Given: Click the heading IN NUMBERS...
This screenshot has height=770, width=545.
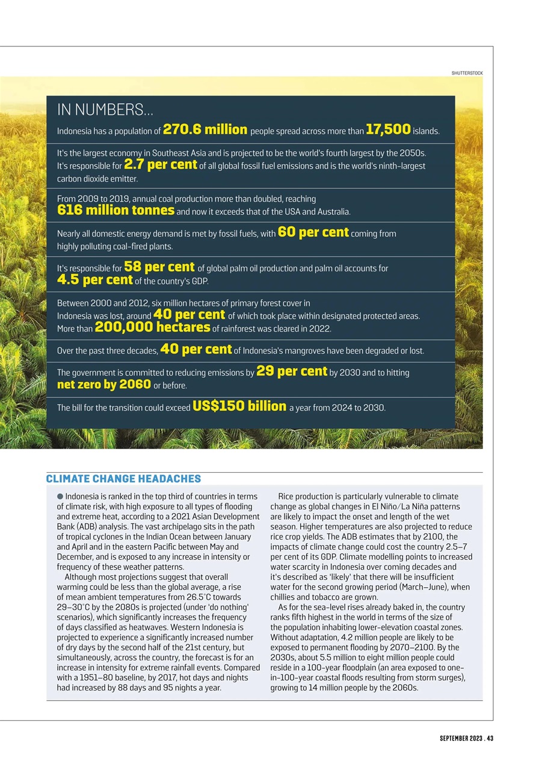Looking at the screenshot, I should coord(105,110).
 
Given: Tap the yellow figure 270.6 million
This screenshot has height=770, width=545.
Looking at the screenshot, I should coord(205,129).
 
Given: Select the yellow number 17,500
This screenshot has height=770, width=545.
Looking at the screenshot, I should coord(388,129).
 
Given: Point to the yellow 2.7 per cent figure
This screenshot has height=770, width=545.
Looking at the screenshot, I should coord(161,164).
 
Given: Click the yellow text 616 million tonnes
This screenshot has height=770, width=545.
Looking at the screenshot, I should coord(115,210).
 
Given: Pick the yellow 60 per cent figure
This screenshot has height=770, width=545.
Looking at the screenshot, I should coord(313,232).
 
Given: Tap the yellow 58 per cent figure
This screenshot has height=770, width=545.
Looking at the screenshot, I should coord(159,266).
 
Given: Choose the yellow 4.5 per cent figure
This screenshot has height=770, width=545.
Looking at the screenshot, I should coord(94,280).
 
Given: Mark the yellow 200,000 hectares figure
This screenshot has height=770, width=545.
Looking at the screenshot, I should coord(152,327).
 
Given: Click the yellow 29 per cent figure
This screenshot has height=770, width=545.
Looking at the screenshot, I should coord(292,371).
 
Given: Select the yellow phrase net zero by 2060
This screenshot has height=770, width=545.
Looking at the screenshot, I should coord(103,384).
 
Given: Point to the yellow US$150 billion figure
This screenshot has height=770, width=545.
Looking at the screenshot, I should coord(239,406).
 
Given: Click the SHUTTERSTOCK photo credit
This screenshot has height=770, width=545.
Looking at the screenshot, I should coord(467,73).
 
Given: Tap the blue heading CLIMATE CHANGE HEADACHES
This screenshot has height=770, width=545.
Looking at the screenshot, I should coord(123,479).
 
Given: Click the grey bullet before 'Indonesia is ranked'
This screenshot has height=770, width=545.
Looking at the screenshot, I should coord(60,497).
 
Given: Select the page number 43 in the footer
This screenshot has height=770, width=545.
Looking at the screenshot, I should coord(490,739).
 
